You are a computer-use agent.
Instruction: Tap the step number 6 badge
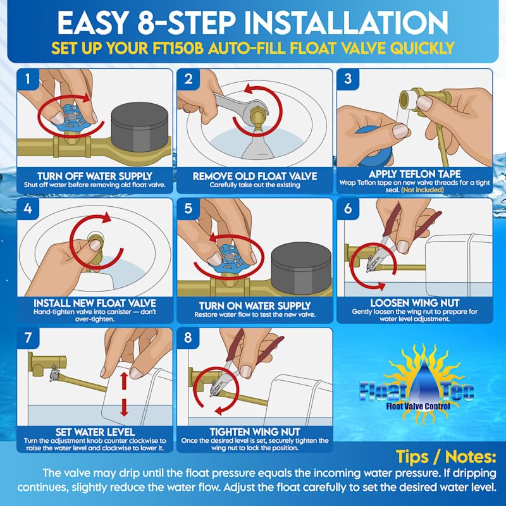pos(348,209)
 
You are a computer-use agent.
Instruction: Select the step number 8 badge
pos(188,338)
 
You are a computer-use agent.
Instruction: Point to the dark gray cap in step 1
pos(140,127)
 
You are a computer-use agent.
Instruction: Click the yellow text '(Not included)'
pos(423,190)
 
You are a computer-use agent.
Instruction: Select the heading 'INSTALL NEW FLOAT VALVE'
pos(95,303)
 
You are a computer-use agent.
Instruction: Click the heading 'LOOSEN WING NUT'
pos(415,303)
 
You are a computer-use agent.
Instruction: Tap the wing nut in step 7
pos(54,373)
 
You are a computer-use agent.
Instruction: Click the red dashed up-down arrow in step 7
pos(124,394)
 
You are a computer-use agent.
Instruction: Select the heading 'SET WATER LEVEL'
pos(95,432)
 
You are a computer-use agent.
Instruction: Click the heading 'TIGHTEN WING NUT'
pos(255,432)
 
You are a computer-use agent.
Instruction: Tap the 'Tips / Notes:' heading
pos(446,457)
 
